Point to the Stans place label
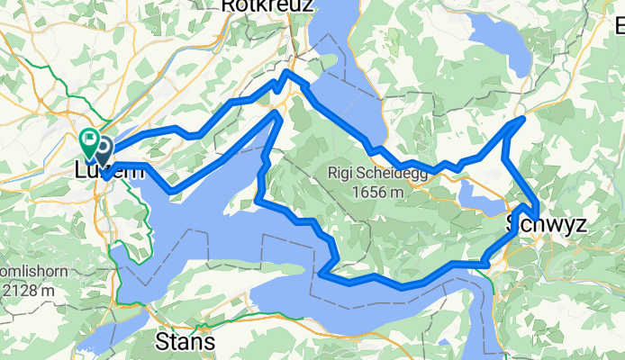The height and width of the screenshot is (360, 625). pyautogui.click(x=186, y=342)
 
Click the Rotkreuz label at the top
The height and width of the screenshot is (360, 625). pyautogui.click(x=267, y=6)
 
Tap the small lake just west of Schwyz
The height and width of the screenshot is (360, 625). pyautogui.click(x=479, y=195)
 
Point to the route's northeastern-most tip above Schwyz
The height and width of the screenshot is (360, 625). pyautogui.click(x=522, y=119)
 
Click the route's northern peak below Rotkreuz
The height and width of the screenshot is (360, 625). pyautogui.click(x=287, y=71)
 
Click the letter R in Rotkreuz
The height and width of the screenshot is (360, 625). pyautogui.click(x=228, y=6)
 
